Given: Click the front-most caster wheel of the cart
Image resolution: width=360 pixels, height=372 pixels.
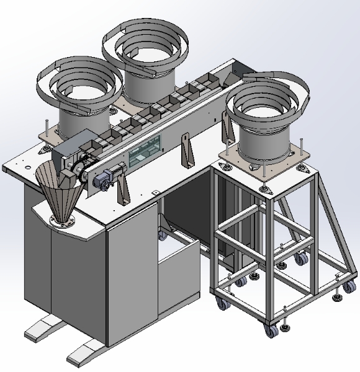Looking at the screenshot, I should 271,329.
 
